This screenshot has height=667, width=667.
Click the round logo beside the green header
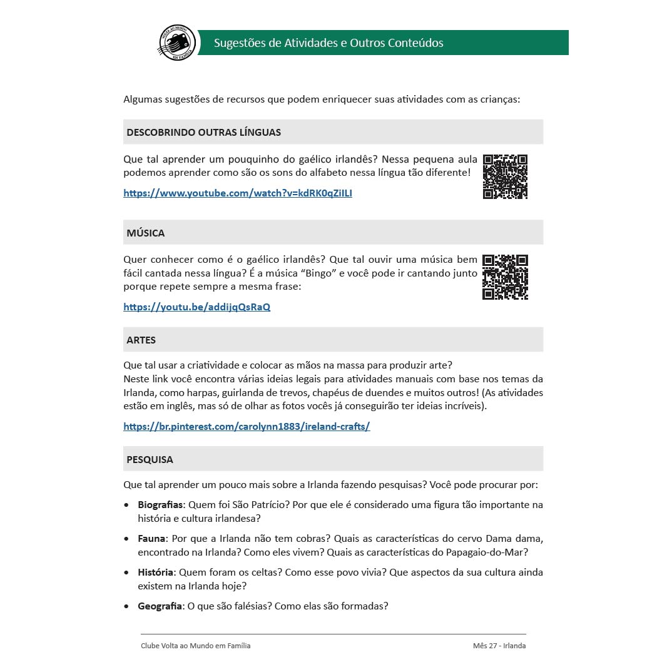point(177,43)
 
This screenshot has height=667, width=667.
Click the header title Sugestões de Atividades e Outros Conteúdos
point(328,43)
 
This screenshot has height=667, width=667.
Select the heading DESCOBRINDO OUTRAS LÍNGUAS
point(203,132)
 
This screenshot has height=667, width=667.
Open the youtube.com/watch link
point(238,193)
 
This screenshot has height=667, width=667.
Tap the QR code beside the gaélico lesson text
point(505,176)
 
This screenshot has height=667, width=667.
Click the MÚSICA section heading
point(145,233)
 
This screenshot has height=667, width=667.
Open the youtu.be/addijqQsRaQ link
point(196,307)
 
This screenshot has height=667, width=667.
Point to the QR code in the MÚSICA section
point(505,277)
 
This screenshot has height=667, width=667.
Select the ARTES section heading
point(141,340)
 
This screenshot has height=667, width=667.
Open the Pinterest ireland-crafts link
point(247,427)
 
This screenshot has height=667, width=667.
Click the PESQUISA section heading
point(150,459)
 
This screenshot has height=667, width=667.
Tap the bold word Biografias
point(160,505)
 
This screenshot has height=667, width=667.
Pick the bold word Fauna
point(151,539)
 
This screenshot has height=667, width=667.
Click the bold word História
point(155,573)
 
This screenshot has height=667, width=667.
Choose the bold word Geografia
point(160,606)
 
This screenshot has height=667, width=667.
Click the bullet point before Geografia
point(127,606)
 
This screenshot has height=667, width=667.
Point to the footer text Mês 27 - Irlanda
point(499,646)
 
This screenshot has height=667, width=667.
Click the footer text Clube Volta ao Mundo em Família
point(196,646)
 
